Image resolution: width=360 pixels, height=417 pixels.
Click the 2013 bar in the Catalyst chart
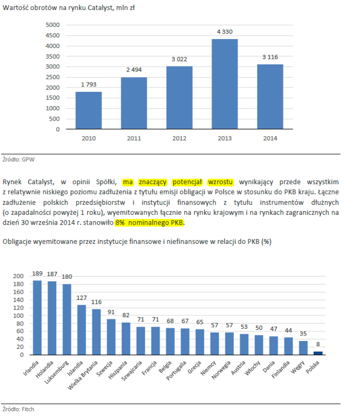pos(225,84)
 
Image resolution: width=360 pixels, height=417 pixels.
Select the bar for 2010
pos(89,111)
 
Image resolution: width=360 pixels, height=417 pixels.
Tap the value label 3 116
pos(270,57)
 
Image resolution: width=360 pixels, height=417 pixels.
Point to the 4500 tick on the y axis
pos(52,35)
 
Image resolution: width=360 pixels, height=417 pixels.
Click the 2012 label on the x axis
pos(179,138)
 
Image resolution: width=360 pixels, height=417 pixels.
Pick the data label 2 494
pos(134,70)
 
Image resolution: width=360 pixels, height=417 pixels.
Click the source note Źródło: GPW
pos(18,159)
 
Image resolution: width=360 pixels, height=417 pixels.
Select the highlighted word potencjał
pos(187,182)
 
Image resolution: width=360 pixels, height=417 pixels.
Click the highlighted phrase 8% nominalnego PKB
pos(149,222)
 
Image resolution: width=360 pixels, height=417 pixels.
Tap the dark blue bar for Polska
pos(318,353)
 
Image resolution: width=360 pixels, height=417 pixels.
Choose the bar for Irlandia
pos(37,318)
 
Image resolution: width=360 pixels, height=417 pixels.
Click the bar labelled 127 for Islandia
pos(81,330)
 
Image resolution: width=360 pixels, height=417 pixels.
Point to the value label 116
pos(97,302)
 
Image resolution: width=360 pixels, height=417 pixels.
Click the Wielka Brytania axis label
pos(83,375)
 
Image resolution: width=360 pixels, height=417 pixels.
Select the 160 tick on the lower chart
pos(18,292)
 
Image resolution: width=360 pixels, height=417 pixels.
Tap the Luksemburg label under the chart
pos(56,372)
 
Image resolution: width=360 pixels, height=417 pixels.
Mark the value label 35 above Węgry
pos(303,334)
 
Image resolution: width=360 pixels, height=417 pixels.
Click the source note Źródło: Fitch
pos(18,409)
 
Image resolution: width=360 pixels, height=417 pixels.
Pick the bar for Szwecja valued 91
pos(111,337)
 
